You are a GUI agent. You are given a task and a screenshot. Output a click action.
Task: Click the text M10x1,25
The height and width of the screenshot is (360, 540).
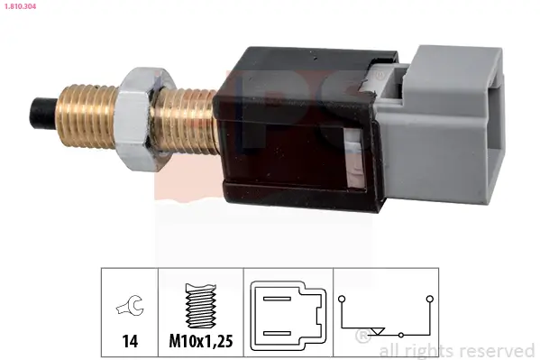pyautogui.click(x=202, y=341)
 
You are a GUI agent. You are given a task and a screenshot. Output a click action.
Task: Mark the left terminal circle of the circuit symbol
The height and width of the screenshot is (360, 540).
pyautogui.click(x=342, y=298)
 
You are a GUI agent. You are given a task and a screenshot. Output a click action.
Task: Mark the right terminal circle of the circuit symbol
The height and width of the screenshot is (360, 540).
pyautogui.click(x=430, y=298)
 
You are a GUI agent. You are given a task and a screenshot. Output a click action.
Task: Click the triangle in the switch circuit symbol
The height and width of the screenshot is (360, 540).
pyautogui.click(x=379, y=331)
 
